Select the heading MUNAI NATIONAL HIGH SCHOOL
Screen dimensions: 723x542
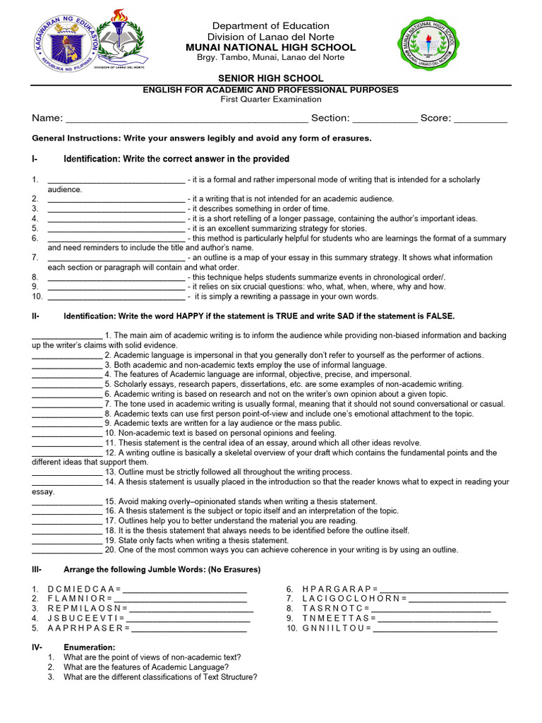[x=281, y=47]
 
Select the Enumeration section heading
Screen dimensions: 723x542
[x=89, y=647]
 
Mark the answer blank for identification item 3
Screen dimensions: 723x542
[x=116, y=210]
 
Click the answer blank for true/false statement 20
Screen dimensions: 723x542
[x=67, y=550]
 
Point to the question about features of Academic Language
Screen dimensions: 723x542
[x=146, y=667]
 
